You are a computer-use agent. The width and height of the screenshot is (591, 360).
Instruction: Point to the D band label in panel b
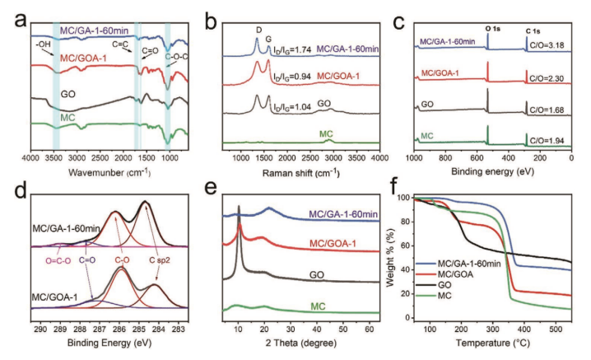(x=258, y=29)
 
